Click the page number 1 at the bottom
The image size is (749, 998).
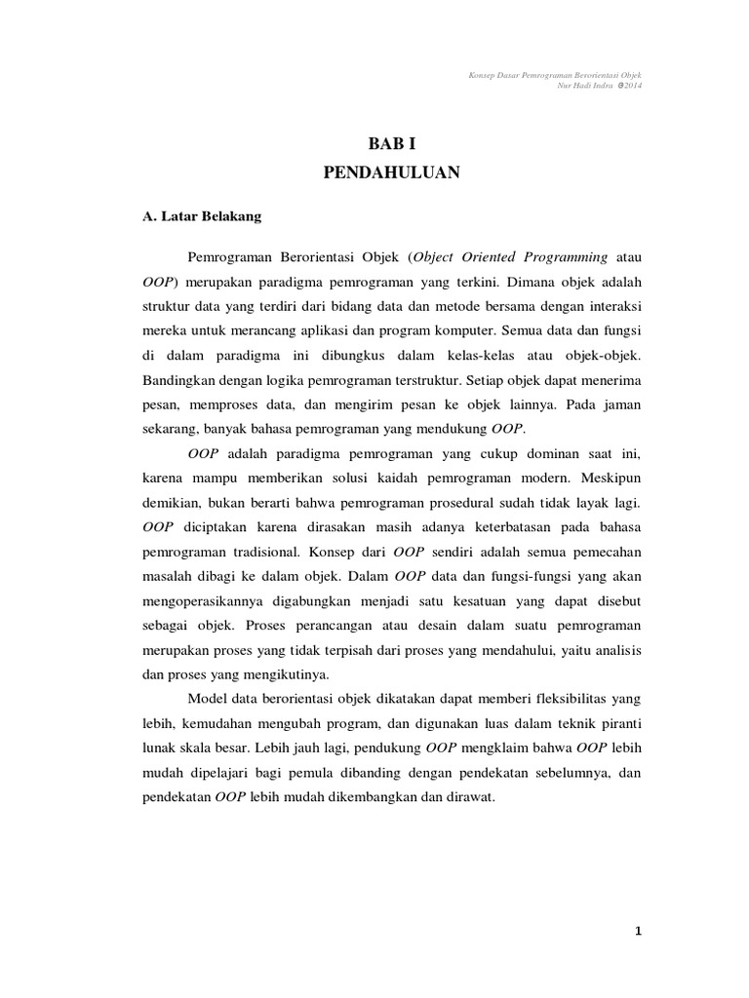pyautogui.click(x=638, y=932)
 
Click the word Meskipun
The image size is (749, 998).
pyautogui.click(x=611, y=478)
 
